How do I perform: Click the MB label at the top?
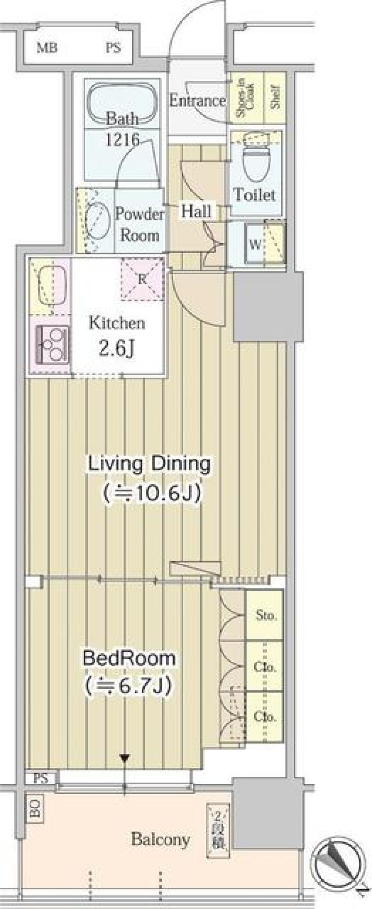[47, 48]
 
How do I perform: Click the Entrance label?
[197, 101]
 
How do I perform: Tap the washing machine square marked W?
[255, 245]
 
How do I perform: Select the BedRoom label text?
[129, 658]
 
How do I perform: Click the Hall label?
[196, 211]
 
